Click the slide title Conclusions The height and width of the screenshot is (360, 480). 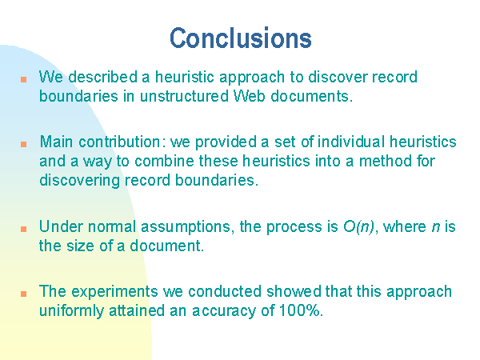241,38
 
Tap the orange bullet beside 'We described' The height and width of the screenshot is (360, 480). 23,79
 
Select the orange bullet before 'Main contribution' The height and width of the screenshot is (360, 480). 23,144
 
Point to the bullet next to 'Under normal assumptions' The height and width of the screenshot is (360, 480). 23,229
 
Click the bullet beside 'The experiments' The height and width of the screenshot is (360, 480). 23,294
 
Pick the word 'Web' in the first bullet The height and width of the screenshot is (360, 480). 249,96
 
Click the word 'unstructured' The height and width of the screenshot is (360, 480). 184,96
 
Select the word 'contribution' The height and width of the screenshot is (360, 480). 119,142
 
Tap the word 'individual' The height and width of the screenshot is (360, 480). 351,142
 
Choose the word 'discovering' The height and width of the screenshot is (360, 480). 79,181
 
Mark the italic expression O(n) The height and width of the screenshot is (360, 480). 358,227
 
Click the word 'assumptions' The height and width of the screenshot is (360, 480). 186,227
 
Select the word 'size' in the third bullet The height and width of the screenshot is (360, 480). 80,246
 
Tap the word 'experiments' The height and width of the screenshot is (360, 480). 114,292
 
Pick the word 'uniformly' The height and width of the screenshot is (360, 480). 72,311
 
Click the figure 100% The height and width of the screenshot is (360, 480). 300,310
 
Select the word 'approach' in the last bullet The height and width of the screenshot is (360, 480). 419,292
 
